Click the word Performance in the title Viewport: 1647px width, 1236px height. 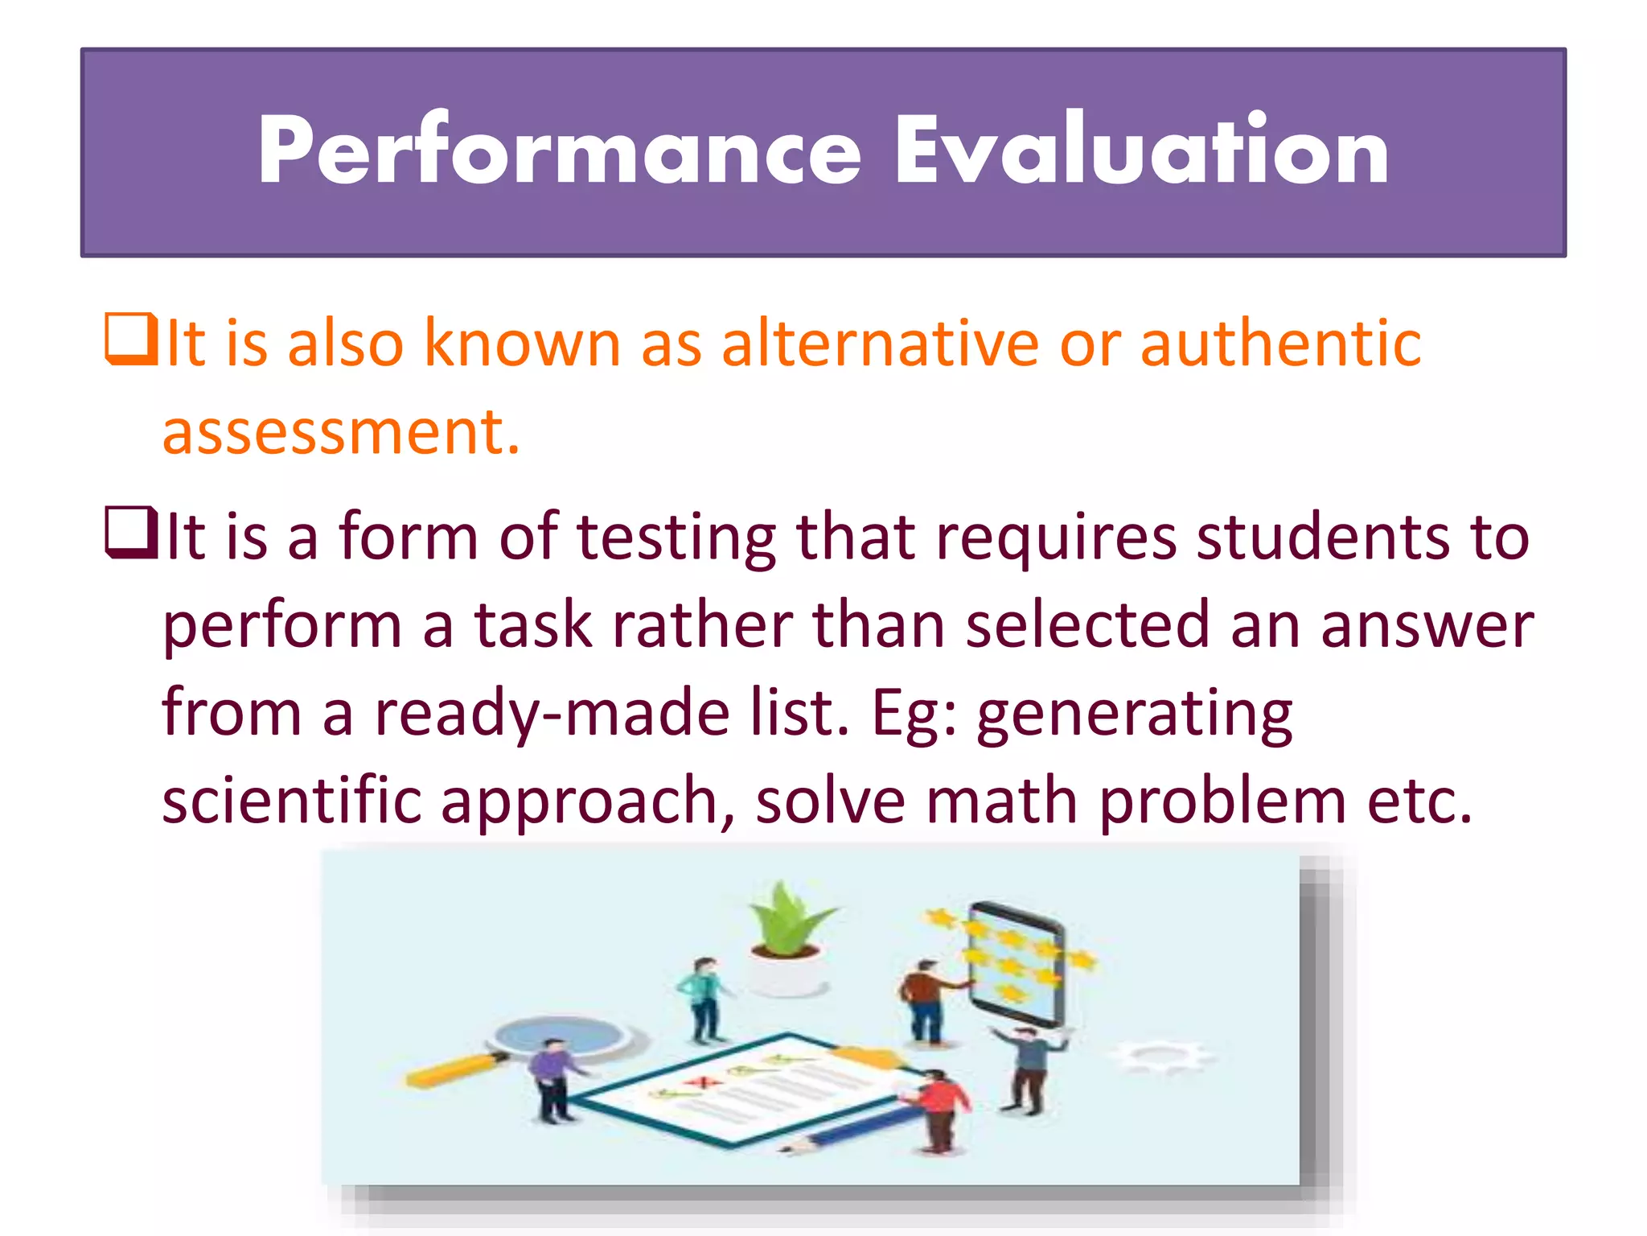tap(559, 151)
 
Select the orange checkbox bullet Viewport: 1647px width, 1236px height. tap(130, 340)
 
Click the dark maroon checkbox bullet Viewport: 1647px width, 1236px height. tap(130, 533)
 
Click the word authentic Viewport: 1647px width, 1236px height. tap(1280, 344)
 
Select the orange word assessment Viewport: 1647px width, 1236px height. tap(341, 432)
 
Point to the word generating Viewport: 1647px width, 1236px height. tap(1134, 715)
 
